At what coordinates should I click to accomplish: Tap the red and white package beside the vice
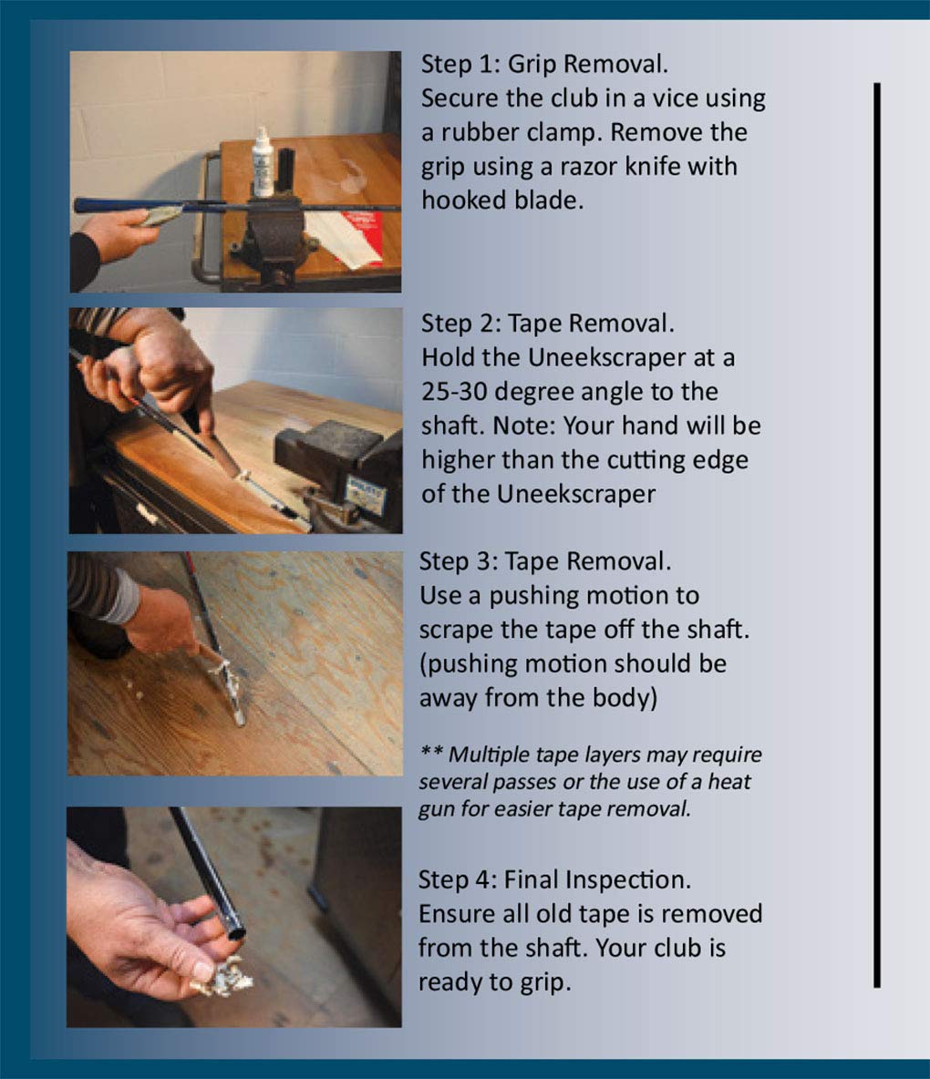coord(344,238)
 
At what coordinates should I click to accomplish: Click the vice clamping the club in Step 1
coord(275,240)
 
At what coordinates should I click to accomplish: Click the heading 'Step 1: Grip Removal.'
coord(544,64)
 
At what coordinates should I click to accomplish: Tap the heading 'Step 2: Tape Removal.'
coord(548,324)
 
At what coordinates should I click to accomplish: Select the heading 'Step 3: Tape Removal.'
coord(544,561)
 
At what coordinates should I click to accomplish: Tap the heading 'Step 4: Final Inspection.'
coord(555,880)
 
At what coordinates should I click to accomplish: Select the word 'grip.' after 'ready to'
coord(544,983)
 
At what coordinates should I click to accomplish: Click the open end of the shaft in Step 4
coord(235,932)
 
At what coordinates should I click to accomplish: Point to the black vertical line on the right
coord(877,535)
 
